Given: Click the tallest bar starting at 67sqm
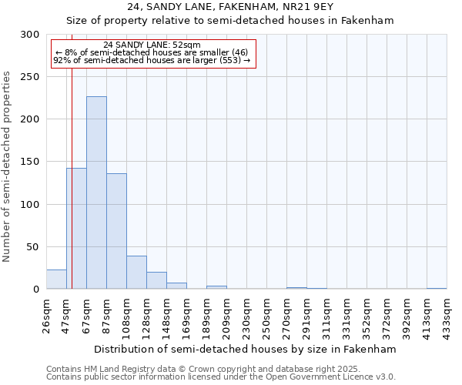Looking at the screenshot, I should click(96, 192).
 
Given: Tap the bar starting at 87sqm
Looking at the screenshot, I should click(116, 231).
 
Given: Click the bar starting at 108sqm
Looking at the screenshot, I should click(136, 273).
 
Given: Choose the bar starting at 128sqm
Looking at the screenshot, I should click(156, 280).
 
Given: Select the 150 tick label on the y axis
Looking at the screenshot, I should click(30, 162).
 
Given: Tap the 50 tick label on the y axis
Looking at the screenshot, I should click(33, 247).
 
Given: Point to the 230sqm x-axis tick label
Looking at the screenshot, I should click(247, 316).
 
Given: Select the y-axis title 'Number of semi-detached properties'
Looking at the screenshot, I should click(8, 166).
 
